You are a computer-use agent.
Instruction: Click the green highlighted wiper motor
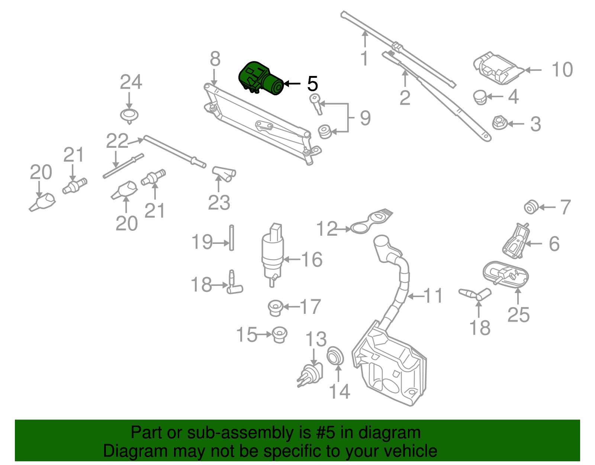[260, 79]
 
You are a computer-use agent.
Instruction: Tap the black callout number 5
[312, 84]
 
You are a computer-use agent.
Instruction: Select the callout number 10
[562, 70]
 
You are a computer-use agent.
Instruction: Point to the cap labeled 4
[480, 97]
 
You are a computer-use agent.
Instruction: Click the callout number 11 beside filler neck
[433, 296]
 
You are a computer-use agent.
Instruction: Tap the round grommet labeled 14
[335, 356]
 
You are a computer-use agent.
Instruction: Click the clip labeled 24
[129, 115]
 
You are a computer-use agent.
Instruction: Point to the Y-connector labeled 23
[224, 174]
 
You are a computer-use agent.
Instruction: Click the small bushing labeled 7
[531, 207]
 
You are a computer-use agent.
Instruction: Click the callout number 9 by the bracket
[365, 118]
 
